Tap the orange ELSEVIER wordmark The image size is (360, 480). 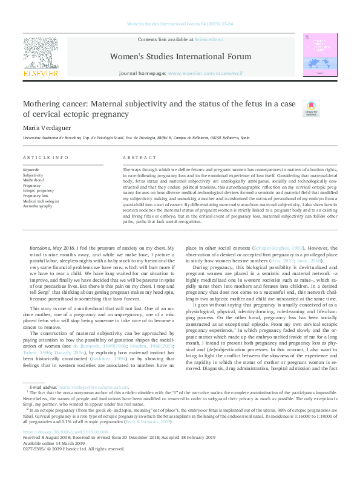(41, 73)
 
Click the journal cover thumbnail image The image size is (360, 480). (320, 54)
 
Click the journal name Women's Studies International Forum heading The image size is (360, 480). (180, 56)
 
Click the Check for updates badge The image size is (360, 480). (311, 109)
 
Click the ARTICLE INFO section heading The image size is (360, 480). (45, 157)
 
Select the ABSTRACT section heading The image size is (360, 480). (135, 157)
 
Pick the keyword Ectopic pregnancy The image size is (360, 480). (38, 190)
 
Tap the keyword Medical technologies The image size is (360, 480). (41, 201)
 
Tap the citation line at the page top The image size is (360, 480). (181, 24)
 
